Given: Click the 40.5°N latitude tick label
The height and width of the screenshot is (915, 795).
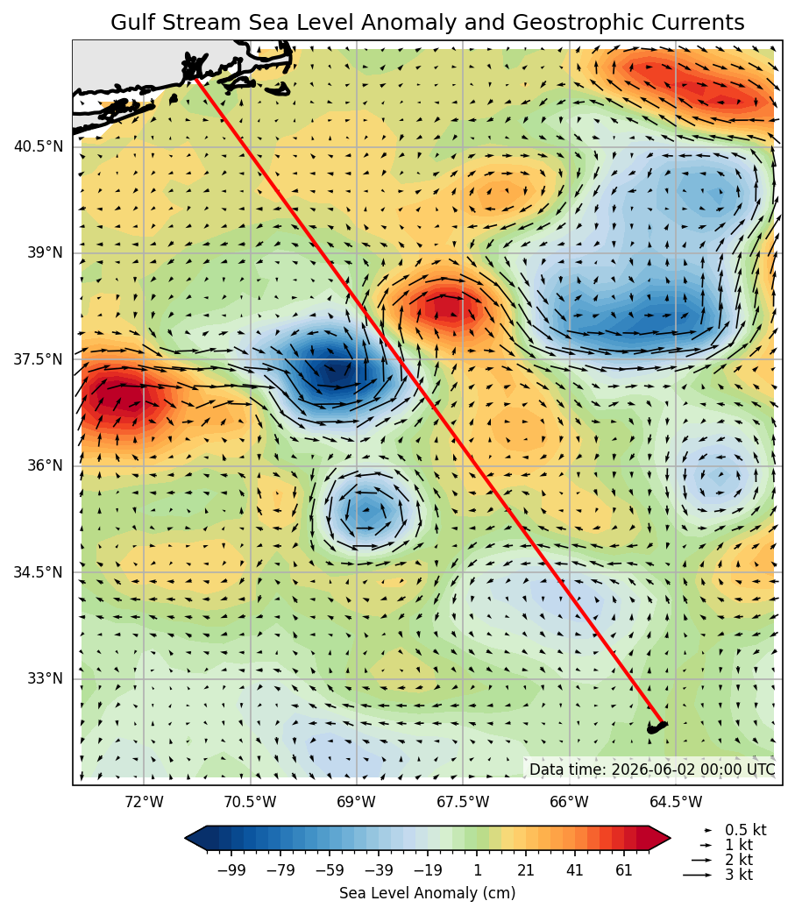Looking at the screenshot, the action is click(38, 146).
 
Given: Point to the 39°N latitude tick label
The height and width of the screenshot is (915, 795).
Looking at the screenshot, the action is click(44, 252).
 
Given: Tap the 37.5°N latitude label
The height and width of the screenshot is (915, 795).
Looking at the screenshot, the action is click(38, 358).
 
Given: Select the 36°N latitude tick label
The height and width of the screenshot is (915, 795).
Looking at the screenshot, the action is click(44, 465).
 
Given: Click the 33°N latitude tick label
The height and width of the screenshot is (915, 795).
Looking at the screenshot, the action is click(44, 678).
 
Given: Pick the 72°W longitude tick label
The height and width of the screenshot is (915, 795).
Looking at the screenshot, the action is click(144, 802).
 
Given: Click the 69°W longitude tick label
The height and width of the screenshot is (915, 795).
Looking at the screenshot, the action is click(356, 802).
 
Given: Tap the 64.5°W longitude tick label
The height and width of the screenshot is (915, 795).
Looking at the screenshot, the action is click(676, 802).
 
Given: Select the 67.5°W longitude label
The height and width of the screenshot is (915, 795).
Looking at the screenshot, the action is click(463, 802).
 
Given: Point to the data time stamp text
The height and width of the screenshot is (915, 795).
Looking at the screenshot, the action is click(653, 770).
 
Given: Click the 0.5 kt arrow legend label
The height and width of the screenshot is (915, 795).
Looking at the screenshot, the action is click(745, 830).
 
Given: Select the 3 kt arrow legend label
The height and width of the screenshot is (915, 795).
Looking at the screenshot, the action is click(739, 875).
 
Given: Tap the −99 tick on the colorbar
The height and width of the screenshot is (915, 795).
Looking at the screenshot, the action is click(231, 870).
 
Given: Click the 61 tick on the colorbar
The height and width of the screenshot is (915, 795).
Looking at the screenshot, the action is click(624, 870).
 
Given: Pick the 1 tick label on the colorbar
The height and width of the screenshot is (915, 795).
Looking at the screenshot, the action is click(477, 870).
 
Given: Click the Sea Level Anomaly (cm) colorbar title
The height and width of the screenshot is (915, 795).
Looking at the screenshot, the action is click(427, 893).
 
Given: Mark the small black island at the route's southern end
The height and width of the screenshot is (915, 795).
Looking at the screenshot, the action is click(657, 727).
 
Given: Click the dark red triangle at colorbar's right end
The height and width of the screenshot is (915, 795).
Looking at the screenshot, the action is click(660, 839).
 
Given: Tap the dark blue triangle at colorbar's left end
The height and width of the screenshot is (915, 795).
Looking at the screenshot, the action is click(195, 839).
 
